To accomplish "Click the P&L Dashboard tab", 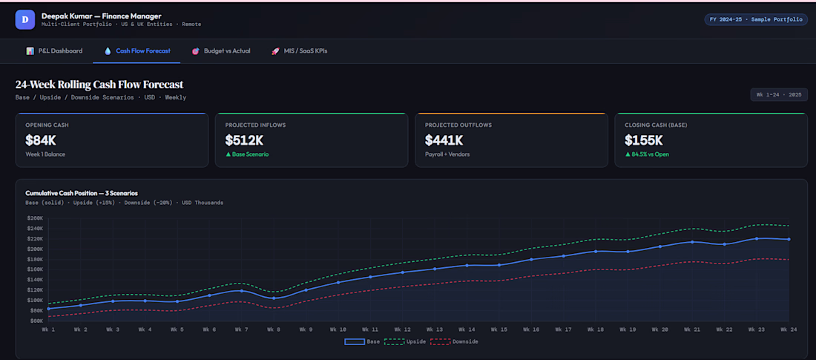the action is [54, 51].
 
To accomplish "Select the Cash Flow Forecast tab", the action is [137, 51].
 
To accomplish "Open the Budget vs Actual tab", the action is [220, 51].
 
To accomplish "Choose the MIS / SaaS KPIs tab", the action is [299, 51].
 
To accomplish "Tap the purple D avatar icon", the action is [25, 20].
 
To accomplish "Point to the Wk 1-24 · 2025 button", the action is [778, 95].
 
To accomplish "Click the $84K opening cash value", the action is [41, 140].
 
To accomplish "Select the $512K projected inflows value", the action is [244, 140].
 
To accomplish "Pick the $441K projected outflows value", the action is [444, 140].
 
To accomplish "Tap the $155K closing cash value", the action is [644, 140].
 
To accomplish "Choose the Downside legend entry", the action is [454, 341].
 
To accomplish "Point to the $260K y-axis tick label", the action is [34, 218].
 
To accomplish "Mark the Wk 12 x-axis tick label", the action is [402, 330].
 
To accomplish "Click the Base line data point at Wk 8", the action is [274, 298].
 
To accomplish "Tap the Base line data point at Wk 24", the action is [789, 239].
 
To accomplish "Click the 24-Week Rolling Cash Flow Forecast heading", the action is [99, 85].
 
